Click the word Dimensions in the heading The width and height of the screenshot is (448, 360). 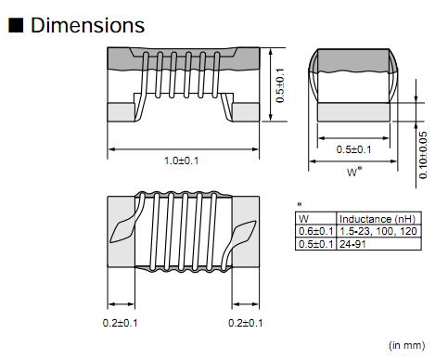pos(87,25)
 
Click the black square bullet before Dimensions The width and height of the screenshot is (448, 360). pos(16,25)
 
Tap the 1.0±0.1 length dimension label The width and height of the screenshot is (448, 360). pos(182,161)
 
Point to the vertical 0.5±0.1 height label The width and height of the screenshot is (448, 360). pos(280,85)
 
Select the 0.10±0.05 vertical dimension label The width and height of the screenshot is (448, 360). pos(423,155)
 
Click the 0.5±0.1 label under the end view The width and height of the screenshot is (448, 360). pos(353,149)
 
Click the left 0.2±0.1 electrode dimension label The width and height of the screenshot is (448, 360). pos(120,323)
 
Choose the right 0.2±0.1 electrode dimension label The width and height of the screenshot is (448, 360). pos(246,323)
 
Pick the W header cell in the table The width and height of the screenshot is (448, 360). pos(303,219)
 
